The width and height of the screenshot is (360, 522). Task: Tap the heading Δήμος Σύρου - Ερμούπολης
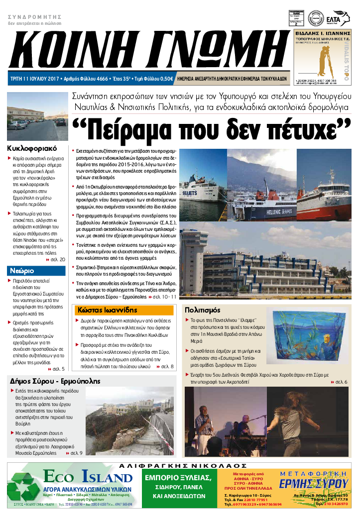pyautogui.click(x=55, y=381)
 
